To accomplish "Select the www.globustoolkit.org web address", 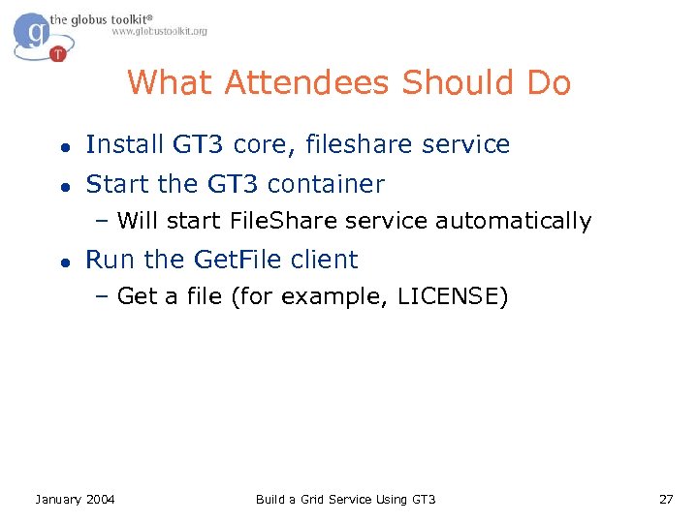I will [x=159, y=31].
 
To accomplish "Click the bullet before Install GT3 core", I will [x=63, y=146].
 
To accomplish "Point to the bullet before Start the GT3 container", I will [x=63, y=185].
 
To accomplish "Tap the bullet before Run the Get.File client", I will [x=63, y=261].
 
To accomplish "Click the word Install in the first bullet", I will [x=125, y=145].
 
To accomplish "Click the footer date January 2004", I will [x=75, y=499].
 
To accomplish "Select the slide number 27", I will [x=665, y=499].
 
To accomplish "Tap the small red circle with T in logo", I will [x=58, y=54].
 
